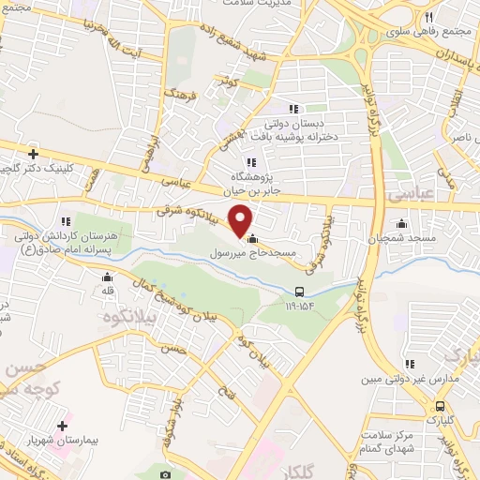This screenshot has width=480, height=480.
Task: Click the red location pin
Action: [x=241, y=219]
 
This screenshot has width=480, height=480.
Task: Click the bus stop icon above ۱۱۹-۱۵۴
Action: [x=299, y=292]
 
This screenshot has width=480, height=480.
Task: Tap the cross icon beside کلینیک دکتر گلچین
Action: [x=34, y=153]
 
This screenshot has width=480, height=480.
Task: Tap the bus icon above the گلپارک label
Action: [x=440, y=405]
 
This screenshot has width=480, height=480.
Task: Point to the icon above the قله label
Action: [x=108, y=277]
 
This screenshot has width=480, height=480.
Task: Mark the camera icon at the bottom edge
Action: [x=166, y=474]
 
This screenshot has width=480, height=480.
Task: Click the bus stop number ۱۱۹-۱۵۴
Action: [x=299, y=306]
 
